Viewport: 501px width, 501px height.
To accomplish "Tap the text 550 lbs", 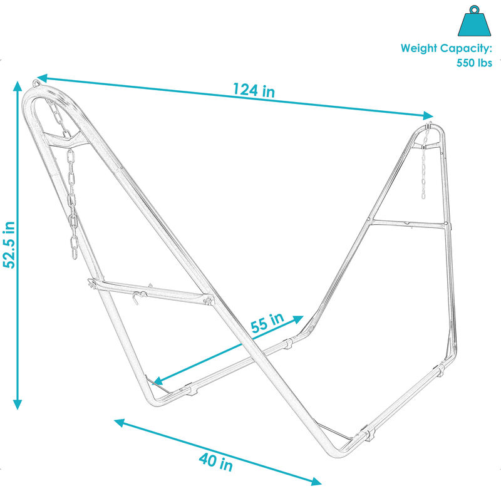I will pyautogui.click(x=475, y=63).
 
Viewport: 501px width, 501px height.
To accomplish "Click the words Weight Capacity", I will pyautogui.click(x=447, y=48).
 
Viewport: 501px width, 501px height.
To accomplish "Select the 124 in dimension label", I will pyautogui.click(x=254, y=90).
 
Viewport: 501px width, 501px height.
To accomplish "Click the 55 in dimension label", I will pyautogui.click(x=268, y=323).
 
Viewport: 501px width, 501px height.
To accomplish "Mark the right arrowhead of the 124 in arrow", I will pyautogui.click(x=429, y=115).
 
